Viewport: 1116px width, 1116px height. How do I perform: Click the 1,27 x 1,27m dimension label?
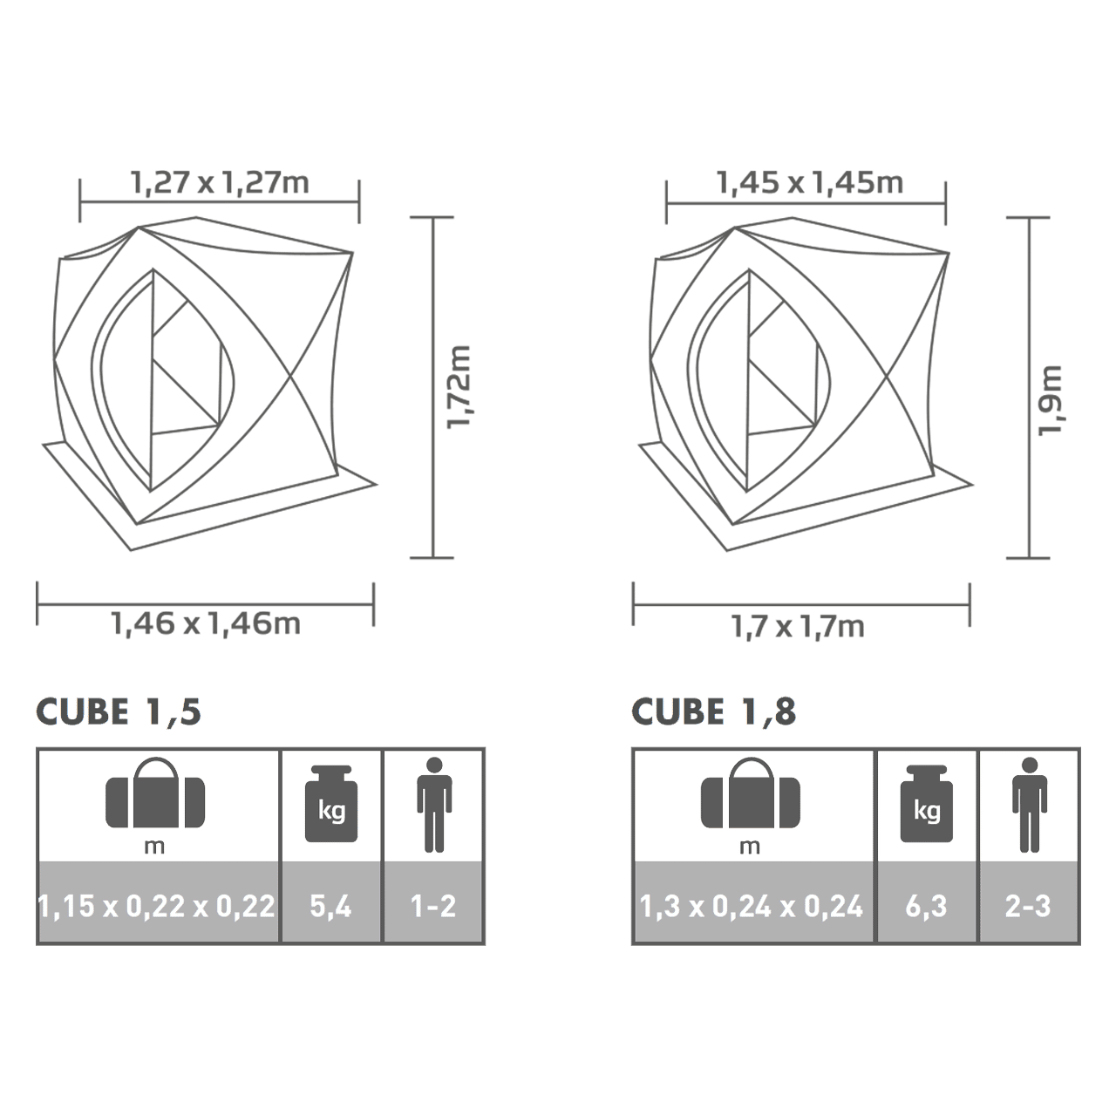click(220, 183)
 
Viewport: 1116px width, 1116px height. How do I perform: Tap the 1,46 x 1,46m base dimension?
click(206, 624)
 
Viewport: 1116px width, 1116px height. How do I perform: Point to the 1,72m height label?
click(459, 387)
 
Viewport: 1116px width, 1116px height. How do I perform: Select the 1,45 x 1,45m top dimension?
click(810, 183)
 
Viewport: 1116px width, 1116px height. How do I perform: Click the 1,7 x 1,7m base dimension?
click(798, 627)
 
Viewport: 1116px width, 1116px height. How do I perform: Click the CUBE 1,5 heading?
click(119, 712)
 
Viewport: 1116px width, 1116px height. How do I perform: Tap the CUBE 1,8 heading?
click(714, 712)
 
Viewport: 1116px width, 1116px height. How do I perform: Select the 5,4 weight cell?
click(330, 907)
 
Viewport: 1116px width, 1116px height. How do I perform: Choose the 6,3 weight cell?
click(926, 907)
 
